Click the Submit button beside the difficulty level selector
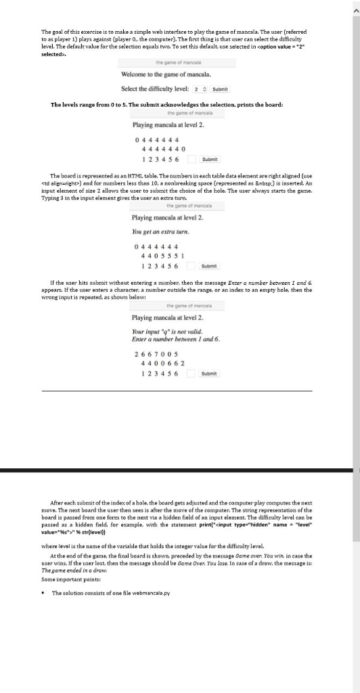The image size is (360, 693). [221, 89]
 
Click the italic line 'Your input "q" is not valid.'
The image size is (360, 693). [164, 332]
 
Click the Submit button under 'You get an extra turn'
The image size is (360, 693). [210, 266]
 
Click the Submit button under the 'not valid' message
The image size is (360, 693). [210, 373]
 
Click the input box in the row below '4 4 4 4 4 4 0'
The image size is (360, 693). [192, 159]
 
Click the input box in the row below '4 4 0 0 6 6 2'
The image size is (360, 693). [192, 373]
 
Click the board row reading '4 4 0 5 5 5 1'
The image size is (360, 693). [159, 256]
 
